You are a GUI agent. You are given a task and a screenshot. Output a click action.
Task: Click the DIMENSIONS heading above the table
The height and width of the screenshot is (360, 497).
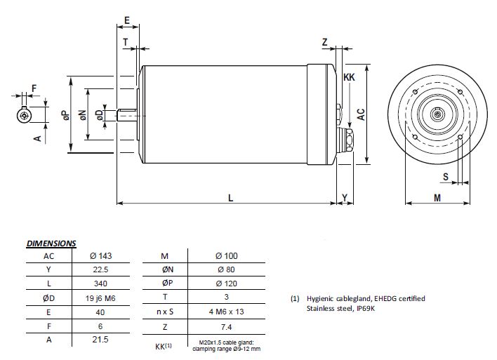[x=51, y=244]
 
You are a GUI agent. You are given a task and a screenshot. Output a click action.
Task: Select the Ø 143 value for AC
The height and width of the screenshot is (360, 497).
[x=101, y=255]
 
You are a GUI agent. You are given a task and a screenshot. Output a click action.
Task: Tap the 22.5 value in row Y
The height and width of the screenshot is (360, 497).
[x=100, y=269]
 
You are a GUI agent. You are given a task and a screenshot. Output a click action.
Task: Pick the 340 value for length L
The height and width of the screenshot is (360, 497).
[x=100, y=284]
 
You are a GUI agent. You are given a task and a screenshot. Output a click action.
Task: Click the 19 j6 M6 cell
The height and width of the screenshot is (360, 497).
[x=100, y=298]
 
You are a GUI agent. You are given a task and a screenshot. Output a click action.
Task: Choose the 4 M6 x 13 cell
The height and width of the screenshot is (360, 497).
[x=226, y=312]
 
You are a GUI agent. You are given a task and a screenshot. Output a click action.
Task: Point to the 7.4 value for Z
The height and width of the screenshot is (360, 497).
[x=226, y=327]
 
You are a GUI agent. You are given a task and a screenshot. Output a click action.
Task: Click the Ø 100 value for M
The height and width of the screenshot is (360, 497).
[x=226, y=255]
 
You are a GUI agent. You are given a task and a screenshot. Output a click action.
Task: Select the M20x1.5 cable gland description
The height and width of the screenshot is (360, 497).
[x=226, y=346]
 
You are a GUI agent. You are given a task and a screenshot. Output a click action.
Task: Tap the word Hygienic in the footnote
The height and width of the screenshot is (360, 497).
[x=320, y=298]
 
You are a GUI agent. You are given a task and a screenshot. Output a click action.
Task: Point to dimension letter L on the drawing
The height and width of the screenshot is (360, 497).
[x=230, y=198]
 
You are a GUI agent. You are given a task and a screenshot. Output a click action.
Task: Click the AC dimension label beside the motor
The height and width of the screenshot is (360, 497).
[x=361, y=114]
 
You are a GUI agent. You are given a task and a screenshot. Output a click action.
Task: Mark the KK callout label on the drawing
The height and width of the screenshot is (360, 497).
[x=349, y=77]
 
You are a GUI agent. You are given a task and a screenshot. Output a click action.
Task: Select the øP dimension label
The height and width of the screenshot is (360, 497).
[x=65, y=115]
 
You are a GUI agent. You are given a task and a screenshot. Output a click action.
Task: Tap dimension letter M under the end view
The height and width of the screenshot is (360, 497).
[x=437, y=198]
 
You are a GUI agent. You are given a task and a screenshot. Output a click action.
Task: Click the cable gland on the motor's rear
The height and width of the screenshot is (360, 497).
[x=346, y=140]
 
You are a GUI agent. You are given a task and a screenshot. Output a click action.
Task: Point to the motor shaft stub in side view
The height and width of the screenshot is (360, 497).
[x=127, y=114]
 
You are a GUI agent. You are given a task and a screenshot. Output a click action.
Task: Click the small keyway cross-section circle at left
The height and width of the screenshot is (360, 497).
[x=24, y=116]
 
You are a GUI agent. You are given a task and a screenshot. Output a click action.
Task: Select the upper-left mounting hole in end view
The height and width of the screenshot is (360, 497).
[x=416, y=92]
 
